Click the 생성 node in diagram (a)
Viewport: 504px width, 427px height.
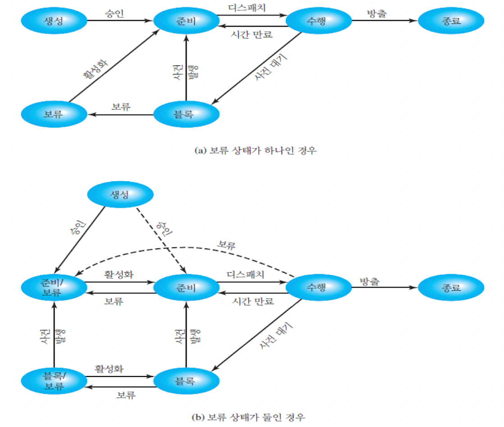[x=54, y=20]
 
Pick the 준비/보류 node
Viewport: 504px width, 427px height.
[x=54, y=287]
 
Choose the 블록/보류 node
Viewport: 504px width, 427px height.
[x=54, y=381]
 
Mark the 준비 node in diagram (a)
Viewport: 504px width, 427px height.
[x=186, y=20]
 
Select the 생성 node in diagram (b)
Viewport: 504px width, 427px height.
[x=120, y=195]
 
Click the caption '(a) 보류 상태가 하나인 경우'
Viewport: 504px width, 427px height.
[x=255, y=152]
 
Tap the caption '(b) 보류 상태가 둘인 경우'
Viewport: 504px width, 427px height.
[x=255, y=417]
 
